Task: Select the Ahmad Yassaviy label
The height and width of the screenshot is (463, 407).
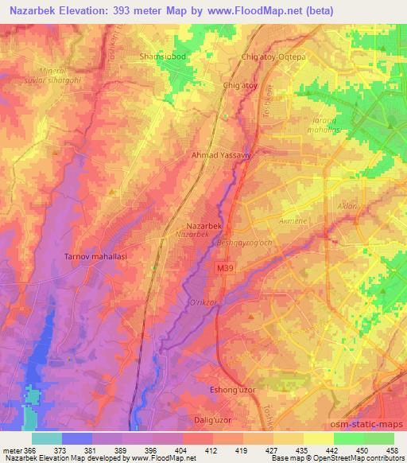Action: [x=221, y=156]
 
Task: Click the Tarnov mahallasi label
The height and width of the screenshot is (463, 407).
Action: [x=95, y=257]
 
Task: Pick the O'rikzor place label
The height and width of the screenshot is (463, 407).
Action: [x=200, y=304]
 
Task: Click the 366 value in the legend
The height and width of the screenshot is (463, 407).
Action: [x=28, y=449]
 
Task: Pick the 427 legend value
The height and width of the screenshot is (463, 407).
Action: [x=271, y=449]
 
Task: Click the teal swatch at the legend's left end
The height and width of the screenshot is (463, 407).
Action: [x=46, y=438]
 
